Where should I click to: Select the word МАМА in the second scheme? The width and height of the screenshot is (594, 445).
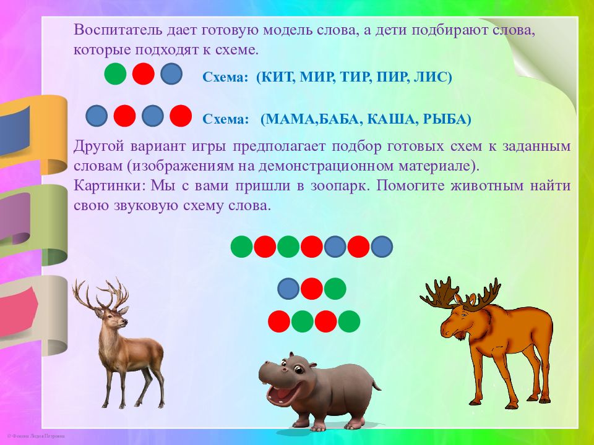click(x=291, y=119)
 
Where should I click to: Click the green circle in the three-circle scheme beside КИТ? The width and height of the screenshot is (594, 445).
click(x=115, y=74)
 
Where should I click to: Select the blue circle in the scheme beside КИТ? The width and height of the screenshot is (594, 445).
click(x=171, y=74)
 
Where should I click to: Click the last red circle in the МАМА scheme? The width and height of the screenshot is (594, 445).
click(x=180, y=116)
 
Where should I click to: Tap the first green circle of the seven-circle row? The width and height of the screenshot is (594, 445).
click(x=241, y=247)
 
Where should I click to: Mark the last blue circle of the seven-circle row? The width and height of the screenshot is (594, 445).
click(x=382, y=247)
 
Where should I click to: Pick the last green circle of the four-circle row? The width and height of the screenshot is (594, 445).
click(x=349, y=321)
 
